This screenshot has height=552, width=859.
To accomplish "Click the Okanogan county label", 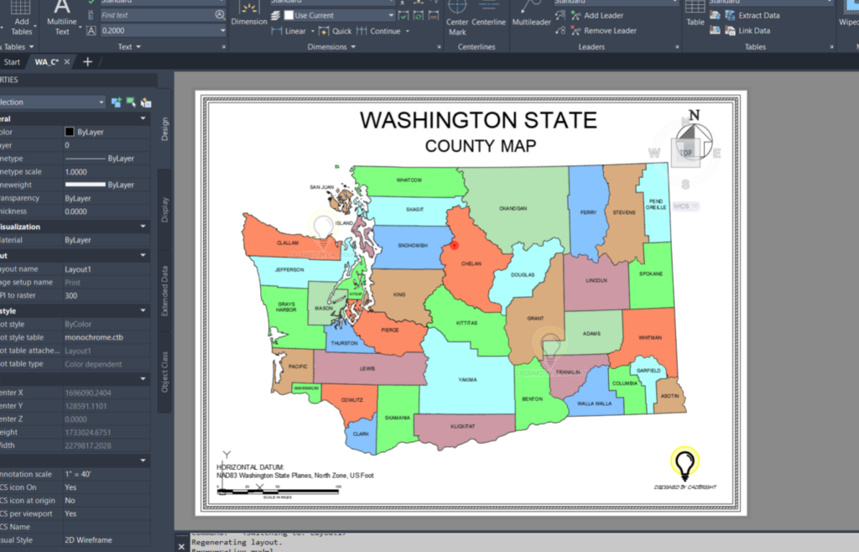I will point(513,207).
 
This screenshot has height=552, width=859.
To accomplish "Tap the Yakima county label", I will point(467,380).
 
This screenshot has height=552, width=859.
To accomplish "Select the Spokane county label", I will point(651,273).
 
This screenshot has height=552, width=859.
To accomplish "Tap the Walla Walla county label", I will point(595,404).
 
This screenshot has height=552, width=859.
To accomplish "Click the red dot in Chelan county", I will point(455,246).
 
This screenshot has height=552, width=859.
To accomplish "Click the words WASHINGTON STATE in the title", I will point(478,120).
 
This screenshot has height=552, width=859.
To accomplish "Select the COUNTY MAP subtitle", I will point(481,146).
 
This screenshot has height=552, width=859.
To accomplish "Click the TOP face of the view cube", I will point(686,153).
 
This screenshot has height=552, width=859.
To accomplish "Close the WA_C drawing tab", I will point(67,62).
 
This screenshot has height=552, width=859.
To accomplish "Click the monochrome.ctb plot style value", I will point(94,337).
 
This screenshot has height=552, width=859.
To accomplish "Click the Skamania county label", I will point(398,417).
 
